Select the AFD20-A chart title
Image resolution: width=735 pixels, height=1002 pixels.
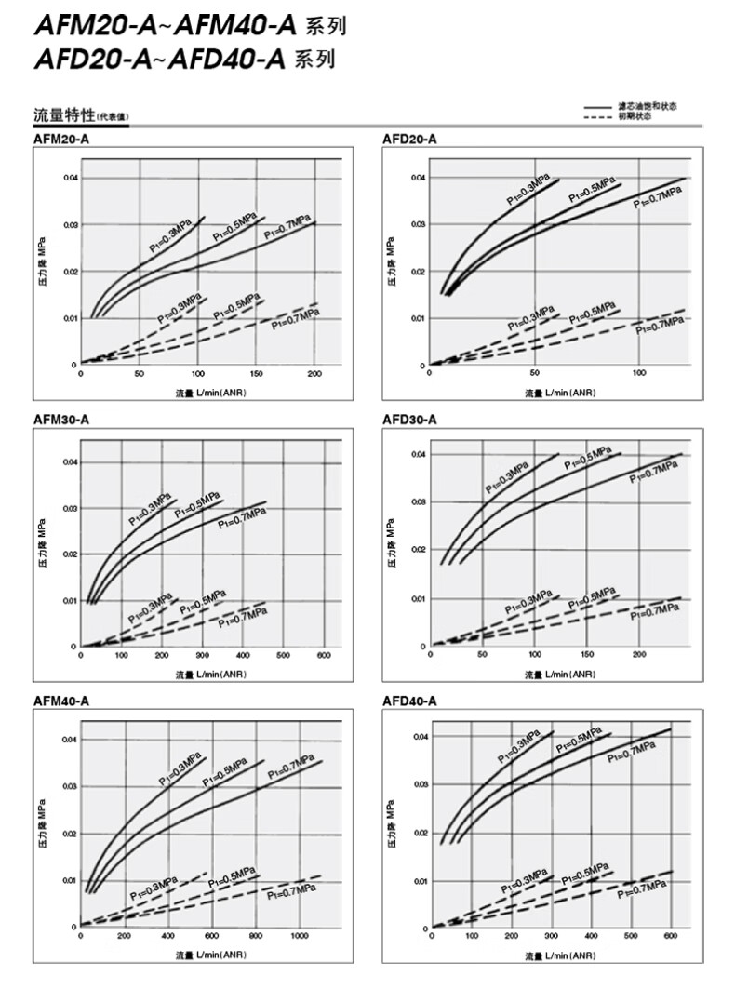tap(409, 139)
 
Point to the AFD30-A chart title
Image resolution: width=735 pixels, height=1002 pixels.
tap(409, 420)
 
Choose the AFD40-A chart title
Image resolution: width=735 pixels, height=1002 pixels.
tap(409, 701)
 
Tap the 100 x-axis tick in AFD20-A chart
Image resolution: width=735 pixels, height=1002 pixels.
tap(638, 373)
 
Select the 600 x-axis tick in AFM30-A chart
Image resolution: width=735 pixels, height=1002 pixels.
tap(323, 656)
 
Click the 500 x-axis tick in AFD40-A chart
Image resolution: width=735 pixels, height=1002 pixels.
tap(631, 937)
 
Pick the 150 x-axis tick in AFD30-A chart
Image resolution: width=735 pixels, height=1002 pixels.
tap(586, 655)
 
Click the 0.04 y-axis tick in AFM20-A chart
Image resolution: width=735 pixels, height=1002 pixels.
tap(71, 177)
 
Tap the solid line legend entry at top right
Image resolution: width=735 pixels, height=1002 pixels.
tap(632, 106)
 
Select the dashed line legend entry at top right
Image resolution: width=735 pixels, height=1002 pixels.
tap(632, 115)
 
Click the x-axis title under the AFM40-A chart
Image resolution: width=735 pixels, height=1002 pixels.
tap(211, 955)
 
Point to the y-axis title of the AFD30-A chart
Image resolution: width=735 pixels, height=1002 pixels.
tap(394, 548)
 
